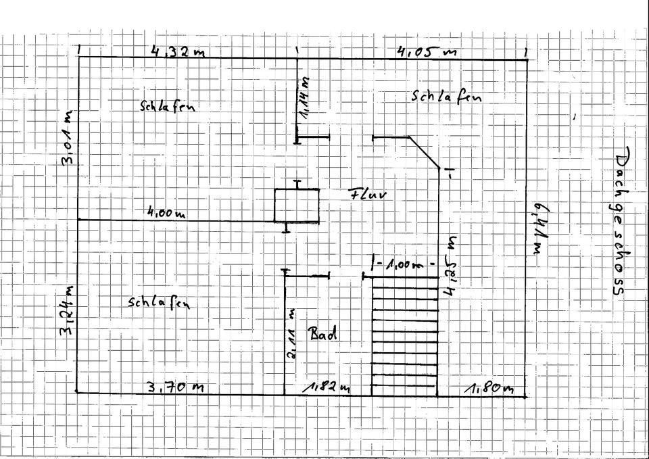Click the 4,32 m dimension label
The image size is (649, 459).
point(177,51)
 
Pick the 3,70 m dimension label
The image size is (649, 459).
point(176,387)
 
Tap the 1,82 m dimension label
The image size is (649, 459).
point(327,387)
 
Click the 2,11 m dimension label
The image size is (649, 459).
point(291,335)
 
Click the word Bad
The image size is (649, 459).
point(323,333)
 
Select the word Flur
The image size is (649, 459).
point(367,195)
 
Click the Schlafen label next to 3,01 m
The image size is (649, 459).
point(172,106)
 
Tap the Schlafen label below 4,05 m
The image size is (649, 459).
point(447,97)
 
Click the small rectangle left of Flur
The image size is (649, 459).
point(296,205)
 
